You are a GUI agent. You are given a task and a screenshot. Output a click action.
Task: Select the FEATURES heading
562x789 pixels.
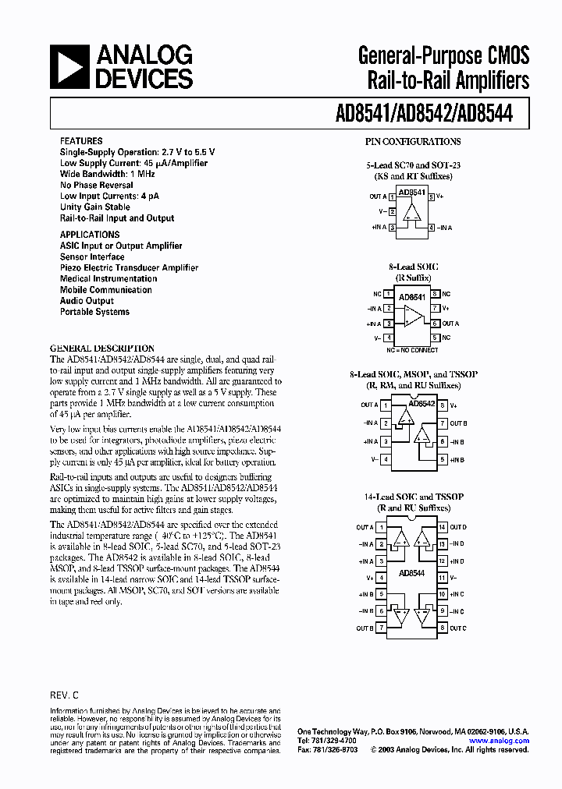(80, 141)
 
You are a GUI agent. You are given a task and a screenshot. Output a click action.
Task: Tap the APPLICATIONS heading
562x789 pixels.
(90, 235)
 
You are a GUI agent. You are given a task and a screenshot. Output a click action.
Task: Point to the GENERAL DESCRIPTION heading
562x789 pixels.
(102, 349)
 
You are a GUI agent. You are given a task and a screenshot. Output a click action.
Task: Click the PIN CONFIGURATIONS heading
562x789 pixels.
(413, 142)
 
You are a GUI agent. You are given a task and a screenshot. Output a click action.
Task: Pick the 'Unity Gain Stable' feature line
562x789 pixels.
(95, 207)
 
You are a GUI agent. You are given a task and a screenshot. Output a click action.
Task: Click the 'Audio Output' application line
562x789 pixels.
(87, 301)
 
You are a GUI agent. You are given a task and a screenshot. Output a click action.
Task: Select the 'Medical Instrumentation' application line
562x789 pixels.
(108, 278)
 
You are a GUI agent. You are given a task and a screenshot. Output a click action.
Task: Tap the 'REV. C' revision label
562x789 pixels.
(64, 694)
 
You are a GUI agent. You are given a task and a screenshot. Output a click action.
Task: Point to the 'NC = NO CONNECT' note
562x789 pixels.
(413, 349)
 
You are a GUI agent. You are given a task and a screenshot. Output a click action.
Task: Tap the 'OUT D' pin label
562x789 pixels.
(458, 527)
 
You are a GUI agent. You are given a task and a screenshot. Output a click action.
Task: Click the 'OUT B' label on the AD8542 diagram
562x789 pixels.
(458, 423)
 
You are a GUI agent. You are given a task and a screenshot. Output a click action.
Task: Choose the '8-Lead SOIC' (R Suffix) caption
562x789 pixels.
(413, 267)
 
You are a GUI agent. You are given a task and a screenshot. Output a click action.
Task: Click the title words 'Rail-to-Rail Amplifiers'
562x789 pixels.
(444, 80)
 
